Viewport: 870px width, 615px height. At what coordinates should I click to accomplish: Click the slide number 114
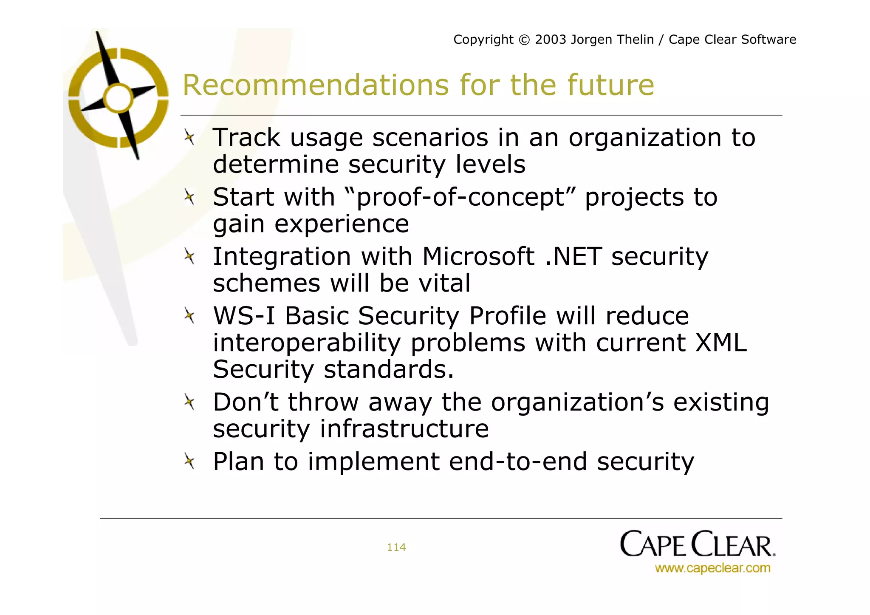[396, 547]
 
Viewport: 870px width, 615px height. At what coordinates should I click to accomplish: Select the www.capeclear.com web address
[712, 568]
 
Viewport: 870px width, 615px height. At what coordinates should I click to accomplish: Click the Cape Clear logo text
[697, 544]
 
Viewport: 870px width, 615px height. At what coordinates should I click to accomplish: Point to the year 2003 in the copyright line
[551, 40]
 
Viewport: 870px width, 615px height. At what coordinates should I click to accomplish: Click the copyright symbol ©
[524, 40]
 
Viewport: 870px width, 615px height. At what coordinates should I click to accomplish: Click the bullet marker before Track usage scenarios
[189, 138]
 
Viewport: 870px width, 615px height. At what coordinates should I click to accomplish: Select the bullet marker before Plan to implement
[189, 461]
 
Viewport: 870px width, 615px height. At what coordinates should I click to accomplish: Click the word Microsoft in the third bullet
[478, 257]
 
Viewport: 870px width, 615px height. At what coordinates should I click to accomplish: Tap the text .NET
[573, 257]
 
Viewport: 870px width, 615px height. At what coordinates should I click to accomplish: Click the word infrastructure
[404, 428]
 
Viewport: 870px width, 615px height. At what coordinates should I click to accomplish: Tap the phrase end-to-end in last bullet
[518, 462]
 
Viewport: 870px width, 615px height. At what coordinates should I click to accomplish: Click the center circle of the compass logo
[119, 98]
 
